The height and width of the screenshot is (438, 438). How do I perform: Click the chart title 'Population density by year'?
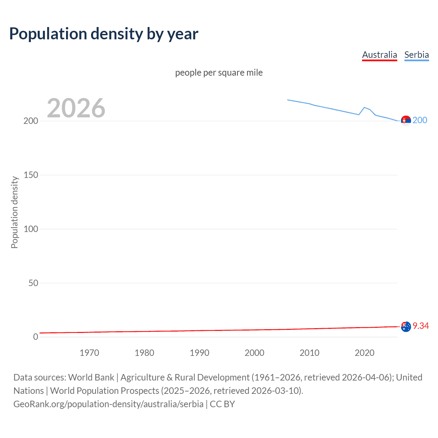(104, 34)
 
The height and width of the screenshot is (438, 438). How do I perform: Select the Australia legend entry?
(379, 55)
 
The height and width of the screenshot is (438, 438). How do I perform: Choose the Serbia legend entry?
(416, 55)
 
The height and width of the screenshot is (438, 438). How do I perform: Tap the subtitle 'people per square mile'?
(219, 73)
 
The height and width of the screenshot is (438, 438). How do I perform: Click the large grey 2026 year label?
(76, 108)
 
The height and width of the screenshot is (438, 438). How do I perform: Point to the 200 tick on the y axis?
(31, 121)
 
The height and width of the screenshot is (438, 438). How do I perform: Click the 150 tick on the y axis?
(31, 175)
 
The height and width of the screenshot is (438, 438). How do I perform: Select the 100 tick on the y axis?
(31, 229)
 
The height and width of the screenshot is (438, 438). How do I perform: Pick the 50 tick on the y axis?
(33, 283)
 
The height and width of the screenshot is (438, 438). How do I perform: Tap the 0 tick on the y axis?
(36, 337)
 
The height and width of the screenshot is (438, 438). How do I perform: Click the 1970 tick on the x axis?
(89, 353)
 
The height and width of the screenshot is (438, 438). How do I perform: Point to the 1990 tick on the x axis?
(199, 353)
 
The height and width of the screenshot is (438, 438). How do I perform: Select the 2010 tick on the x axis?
(309, 353)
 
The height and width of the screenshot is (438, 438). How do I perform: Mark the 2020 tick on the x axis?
(364, 353)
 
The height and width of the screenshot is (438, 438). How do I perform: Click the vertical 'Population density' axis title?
(14, 212)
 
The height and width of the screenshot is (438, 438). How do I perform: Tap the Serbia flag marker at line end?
(406, 121)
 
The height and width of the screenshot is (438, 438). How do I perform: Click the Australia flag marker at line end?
(406, 326)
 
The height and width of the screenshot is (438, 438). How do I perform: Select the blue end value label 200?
(420, 120)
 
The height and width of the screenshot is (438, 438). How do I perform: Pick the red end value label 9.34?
(421, 326)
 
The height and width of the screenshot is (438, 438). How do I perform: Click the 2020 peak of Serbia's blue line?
(364, 107)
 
